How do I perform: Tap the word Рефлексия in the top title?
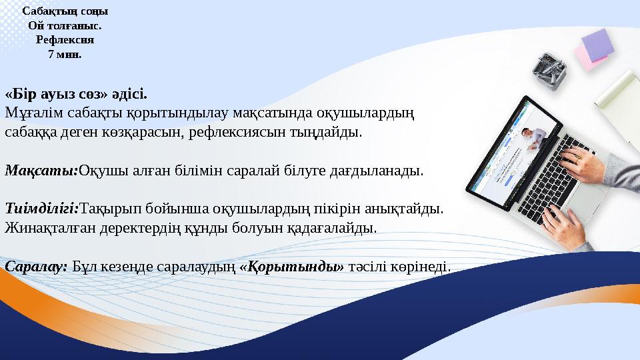(x=65, y=40)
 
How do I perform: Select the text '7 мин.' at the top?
(x=65, y=55)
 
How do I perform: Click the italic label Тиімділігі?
(x=42, y=209)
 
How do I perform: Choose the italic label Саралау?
(x=36, y=267)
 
